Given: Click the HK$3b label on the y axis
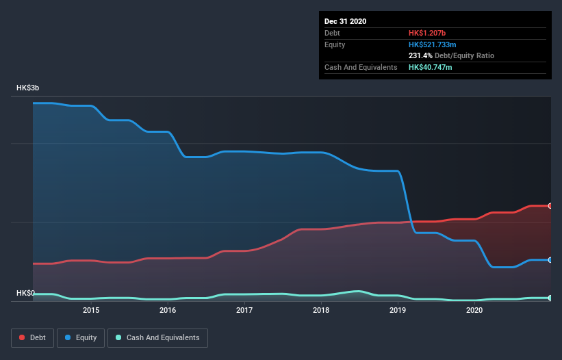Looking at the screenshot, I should pyautogui.click(x=28, y=88).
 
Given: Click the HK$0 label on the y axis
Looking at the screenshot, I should pyautogui.click(x=25, y=293).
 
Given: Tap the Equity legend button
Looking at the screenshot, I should pyautogui.click(x=81, y=337).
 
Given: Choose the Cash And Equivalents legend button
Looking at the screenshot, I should pyautogui.click(x=157, y=337).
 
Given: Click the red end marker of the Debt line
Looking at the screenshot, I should pyautogui.click(x=550, y=206).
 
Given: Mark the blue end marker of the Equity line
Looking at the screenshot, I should pyautogui.click(x=550, y=260).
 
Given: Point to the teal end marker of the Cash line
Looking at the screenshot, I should pyautogui.click(x=550, y=298).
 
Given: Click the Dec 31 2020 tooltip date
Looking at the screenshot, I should pyautogui.click(x=346, y=21).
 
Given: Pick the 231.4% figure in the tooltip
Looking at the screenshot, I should pyautogui.click(x=420, y=55).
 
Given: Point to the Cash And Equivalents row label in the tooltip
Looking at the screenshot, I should pyautogui.click(x=361, y=67).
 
